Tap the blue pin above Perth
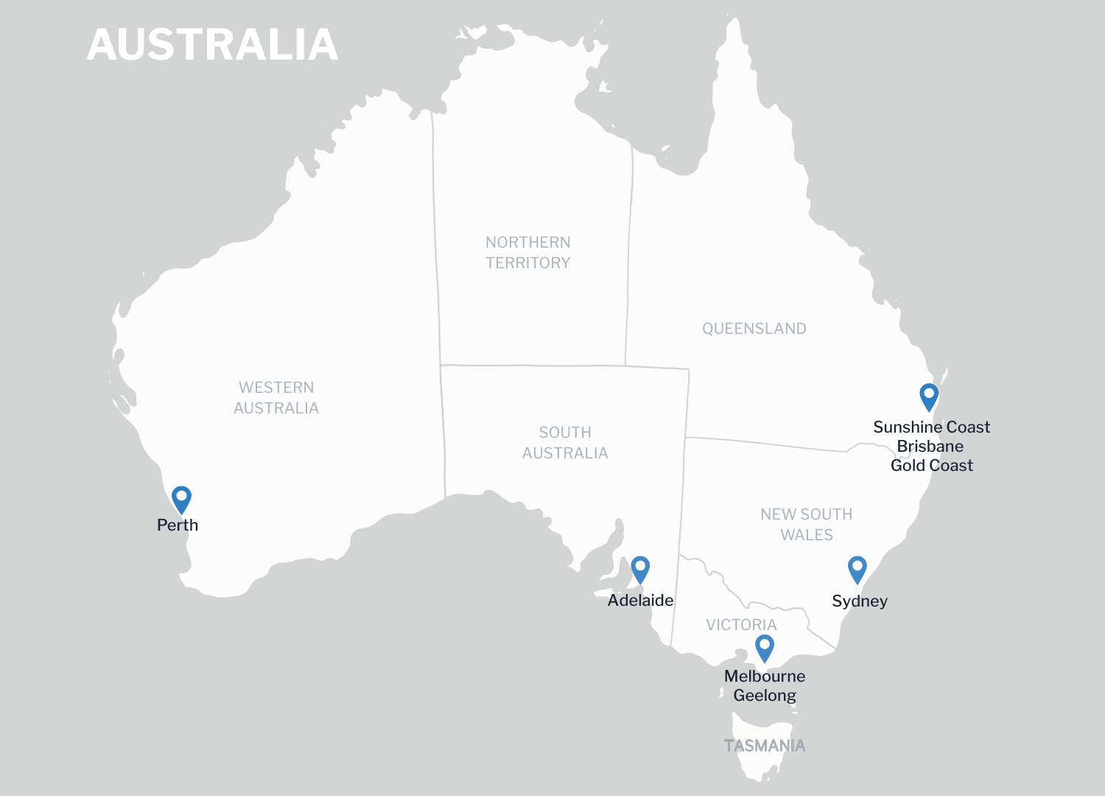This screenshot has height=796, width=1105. pos(181,498)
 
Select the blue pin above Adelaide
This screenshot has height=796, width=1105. pos(640,568)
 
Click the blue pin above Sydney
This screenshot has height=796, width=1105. pos(857,568)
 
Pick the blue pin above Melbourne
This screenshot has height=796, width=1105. pos(765,647)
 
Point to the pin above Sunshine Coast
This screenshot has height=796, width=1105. pos(929,395)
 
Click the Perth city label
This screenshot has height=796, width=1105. pos(178,526)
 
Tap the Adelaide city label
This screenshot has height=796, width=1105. pos(640,601)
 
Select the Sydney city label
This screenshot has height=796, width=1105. pos(860,601)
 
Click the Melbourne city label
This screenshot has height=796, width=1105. pos(765,677)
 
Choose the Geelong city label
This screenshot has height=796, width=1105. pos(765,696)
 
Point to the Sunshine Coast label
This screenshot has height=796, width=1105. pos(931,427)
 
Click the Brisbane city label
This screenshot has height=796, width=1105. pos(930,447)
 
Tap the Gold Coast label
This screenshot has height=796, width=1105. pos(931,466)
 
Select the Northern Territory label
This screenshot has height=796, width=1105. pos(527,253)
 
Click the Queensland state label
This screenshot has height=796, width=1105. pos(754,329)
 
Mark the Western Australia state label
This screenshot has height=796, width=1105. pos(276,398)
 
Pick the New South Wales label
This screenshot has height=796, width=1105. pos(807,525)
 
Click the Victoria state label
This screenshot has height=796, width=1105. pos(741,625)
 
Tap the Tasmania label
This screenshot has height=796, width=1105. pos(765,746)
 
